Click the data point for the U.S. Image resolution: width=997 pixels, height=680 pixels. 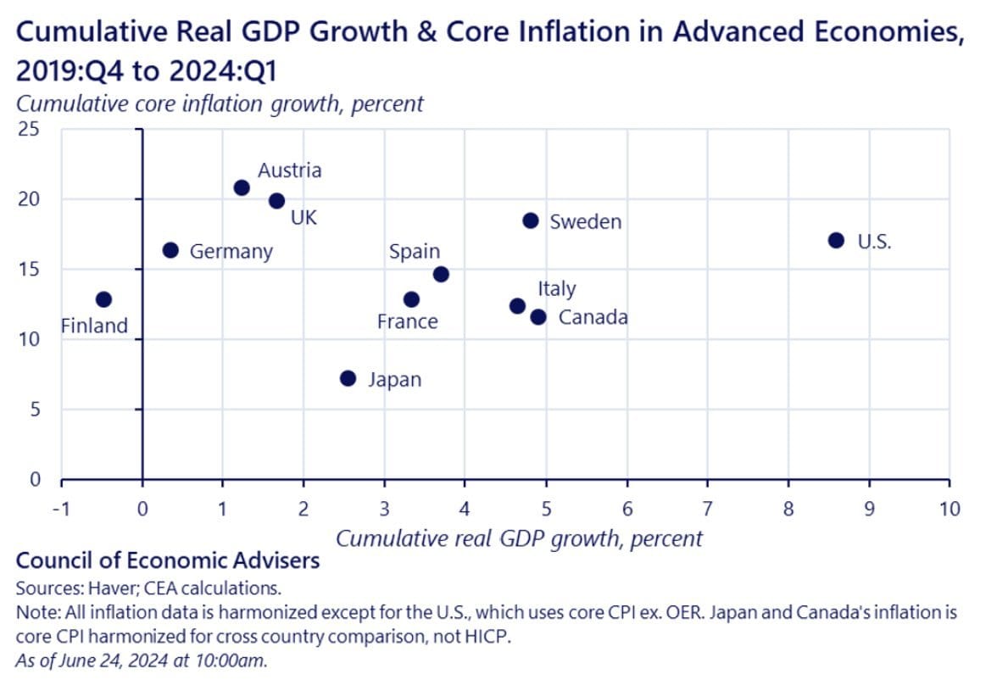[x=836, y=240]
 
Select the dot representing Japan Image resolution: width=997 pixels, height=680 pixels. [x=348, y=378]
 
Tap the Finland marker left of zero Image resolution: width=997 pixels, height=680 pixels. [x=103, y=299]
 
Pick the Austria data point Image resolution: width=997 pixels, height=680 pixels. [x=242, y=187]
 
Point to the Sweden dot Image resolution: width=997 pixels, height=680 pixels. [x=531, y=220]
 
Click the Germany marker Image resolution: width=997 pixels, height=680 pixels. [x=170, y=250]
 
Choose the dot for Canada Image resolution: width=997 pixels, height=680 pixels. [x=538, y=317]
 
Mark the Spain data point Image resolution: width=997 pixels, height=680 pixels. [x=441, y=274]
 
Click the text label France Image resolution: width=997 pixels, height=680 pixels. [x=408, y=322]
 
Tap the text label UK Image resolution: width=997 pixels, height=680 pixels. [x=304, y=218]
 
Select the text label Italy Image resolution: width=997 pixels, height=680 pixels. [x=556, y=289]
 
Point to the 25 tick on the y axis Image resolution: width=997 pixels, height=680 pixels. [x=31, y=130]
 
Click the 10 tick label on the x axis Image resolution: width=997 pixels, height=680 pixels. [x=950, y=509]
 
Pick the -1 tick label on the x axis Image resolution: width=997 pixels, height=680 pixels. [x=61, y=509]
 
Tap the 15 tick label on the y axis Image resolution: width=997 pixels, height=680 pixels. [x=31, y=270]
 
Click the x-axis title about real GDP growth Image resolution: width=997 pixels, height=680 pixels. [x=520, y=538]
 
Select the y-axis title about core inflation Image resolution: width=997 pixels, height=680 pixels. [x=220, y=104]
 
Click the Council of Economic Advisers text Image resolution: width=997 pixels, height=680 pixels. [x=168, y=560]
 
